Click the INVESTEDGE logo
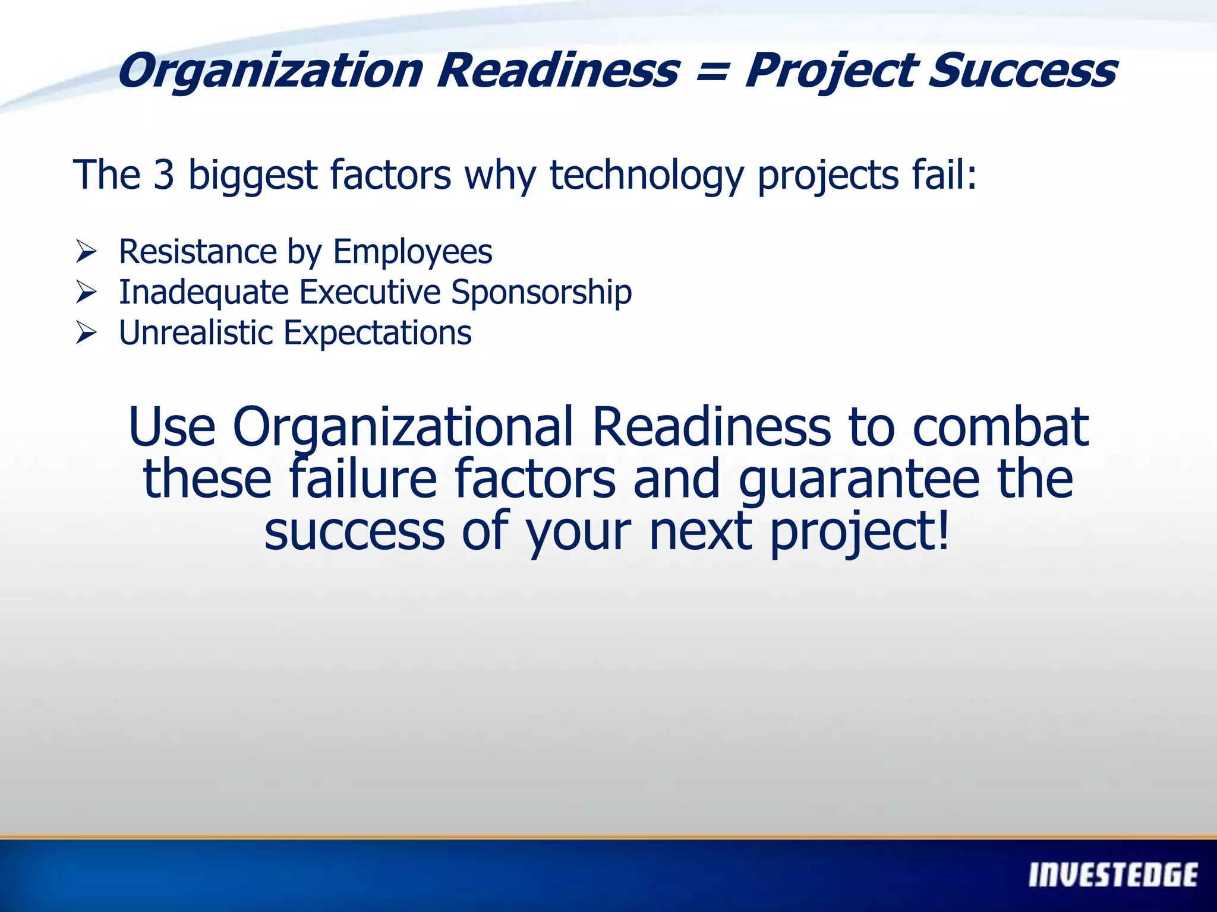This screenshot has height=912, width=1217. tap(1112, 875)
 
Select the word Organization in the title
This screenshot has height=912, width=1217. tap(270, 71)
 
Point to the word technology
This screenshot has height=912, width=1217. tap(647, 176)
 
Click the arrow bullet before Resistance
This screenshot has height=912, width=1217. tap(86, 252)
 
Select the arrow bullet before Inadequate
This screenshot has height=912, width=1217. tap(86, 292)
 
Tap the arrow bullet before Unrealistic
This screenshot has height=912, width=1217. tap(86, 332)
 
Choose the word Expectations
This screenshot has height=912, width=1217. tap(377, 333)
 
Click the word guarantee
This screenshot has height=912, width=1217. tap(858, 480)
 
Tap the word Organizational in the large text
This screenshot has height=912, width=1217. tap(403, 427)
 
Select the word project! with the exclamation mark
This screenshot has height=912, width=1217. tap(859, 532)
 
